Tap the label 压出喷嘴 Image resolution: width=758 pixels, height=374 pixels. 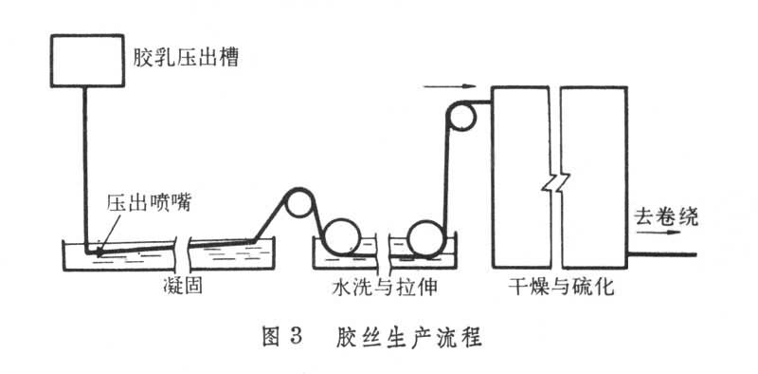[x=149, y=203]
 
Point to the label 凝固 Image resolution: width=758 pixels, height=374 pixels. [x=182, y=287]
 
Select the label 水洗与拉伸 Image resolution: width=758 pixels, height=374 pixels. [x=385, y=288]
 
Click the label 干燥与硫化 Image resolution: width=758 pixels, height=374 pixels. [x=561, y=288]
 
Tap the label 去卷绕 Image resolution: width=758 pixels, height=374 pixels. [x=667, y=217]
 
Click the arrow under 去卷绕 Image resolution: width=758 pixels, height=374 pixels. [x=658, y=232]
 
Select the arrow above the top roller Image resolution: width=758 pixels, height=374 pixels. [x=449, y=86]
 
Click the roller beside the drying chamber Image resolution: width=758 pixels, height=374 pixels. [x=460, y=103]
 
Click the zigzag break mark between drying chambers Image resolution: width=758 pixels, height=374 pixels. [x=555, y=183]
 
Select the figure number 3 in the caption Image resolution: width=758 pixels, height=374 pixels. [x=296, y=337]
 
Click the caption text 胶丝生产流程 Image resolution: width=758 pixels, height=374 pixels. [x=409, y=337]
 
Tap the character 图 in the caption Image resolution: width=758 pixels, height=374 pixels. [x=271, y=337]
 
